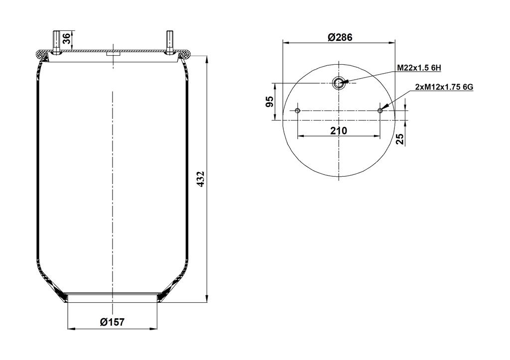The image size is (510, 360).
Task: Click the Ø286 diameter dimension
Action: click(340, 37)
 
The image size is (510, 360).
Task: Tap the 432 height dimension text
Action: click(201, 179)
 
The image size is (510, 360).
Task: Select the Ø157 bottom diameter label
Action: click(112, 322)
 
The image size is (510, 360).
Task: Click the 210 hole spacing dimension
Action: click(339, 130)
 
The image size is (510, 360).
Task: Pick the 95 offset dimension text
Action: click(270, 102)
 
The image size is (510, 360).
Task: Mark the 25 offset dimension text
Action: click(401, 139)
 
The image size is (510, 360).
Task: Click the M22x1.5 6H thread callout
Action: click(419, 68)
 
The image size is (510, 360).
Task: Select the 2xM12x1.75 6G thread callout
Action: click(444, 87)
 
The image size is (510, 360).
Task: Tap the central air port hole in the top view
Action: click(339, 83)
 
